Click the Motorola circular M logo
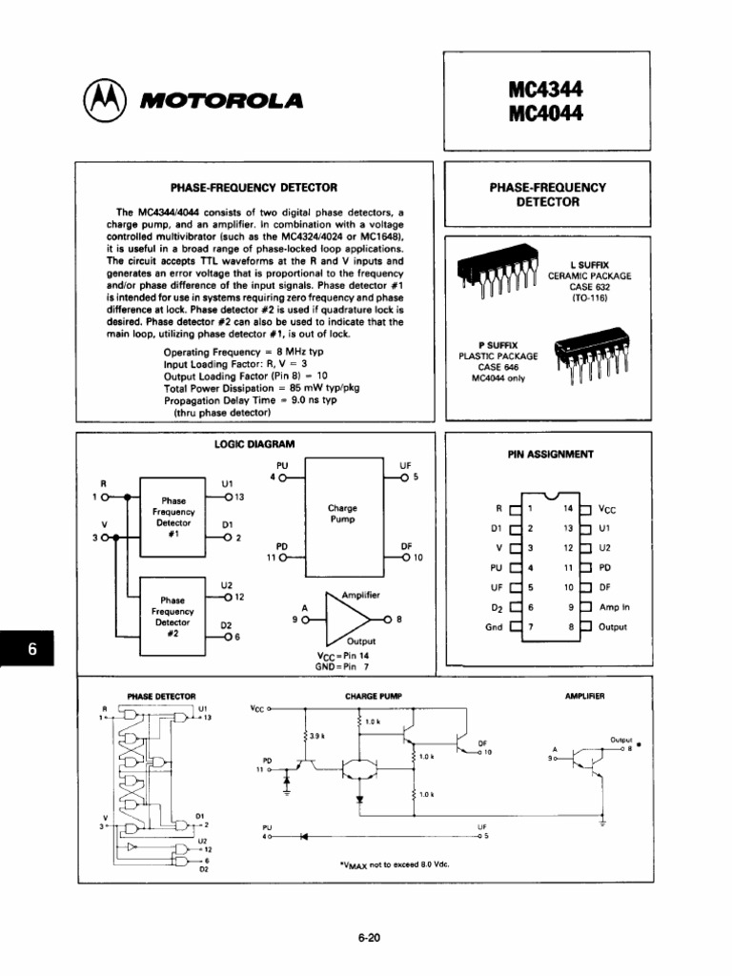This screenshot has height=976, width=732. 102,99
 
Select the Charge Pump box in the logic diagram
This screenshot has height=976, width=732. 340,515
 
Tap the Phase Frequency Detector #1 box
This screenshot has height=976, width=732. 173,518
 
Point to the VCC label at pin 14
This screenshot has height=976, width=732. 607,510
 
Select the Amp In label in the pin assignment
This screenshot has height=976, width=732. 614,607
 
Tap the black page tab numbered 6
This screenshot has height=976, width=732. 31,651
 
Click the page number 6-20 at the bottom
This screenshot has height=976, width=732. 369,937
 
